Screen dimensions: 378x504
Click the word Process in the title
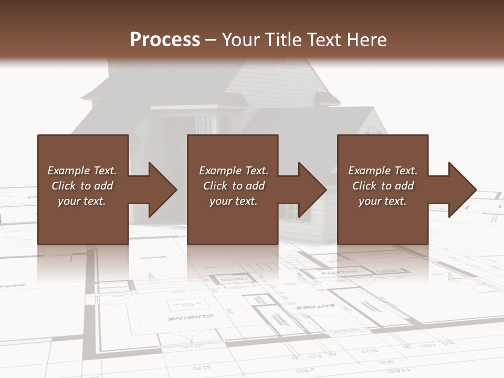coord(165,39)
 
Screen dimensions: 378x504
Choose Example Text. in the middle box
coord(233,171)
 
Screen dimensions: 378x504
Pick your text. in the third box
coord(382,201)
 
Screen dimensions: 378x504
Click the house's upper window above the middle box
coord(203,125)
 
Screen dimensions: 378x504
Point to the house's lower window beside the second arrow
coord(291,211)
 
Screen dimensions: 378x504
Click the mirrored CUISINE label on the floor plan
coord(191,318)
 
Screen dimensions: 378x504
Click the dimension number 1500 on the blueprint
coord(369,350)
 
